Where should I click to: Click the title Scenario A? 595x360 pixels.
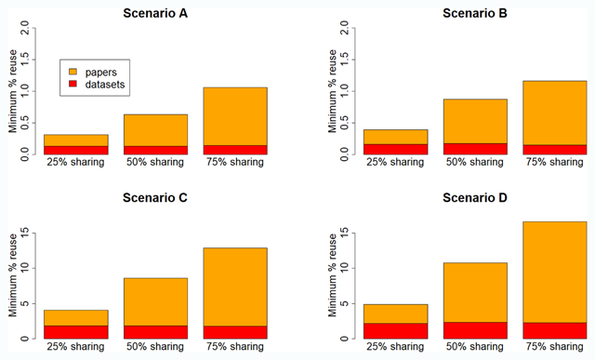point(155,13)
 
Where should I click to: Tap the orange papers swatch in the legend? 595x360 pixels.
point(73,72)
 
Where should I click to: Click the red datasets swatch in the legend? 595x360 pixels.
point(73,84)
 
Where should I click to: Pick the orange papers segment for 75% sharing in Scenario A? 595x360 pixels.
point(235,116)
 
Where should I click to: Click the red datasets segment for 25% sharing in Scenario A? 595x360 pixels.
point(76,151)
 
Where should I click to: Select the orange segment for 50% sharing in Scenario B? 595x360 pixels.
point(475,122)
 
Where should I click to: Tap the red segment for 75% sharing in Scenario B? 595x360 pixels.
point(555,150)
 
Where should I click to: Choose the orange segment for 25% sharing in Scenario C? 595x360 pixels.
point(76,318)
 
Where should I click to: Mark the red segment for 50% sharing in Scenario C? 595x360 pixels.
point(155,332)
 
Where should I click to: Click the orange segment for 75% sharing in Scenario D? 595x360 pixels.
point(555,273)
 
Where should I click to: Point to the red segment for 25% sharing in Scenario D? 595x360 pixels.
point(395,331)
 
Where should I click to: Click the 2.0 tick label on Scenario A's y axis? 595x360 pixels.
point(25,28)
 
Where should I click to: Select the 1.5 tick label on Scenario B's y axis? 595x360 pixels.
point(345,60)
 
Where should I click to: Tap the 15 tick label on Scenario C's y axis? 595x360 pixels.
point(25,233)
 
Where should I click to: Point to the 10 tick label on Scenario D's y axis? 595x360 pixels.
point(345,268)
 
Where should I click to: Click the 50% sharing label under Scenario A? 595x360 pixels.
point(155,162)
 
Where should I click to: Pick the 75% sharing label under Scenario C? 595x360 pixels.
point(235,347)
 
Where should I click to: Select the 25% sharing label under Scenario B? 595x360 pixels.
point(395,162)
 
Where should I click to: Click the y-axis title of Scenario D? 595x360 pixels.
point(333,275)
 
